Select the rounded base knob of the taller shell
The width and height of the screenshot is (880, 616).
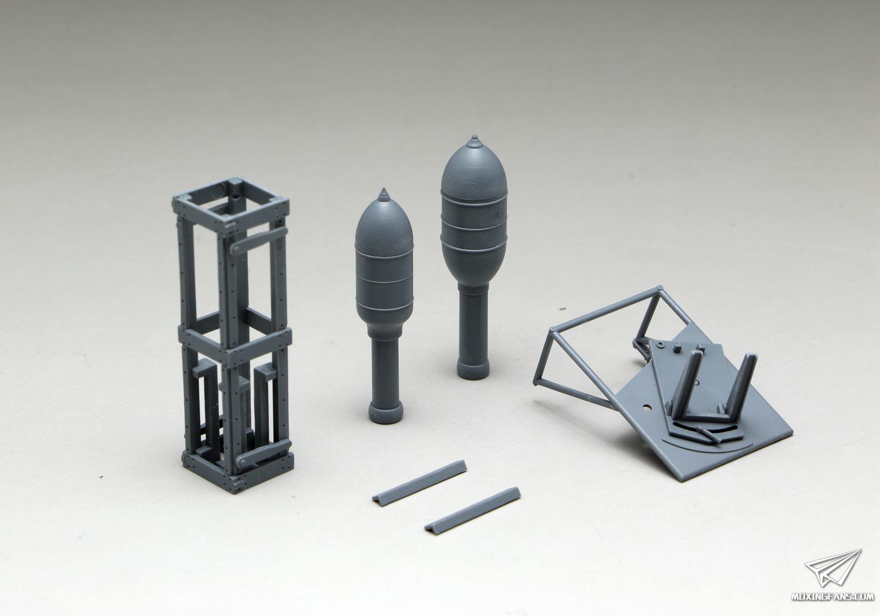474,367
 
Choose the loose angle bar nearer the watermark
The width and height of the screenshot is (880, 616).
472,509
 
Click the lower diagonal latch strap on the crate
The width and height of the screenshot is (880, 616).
265,454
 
